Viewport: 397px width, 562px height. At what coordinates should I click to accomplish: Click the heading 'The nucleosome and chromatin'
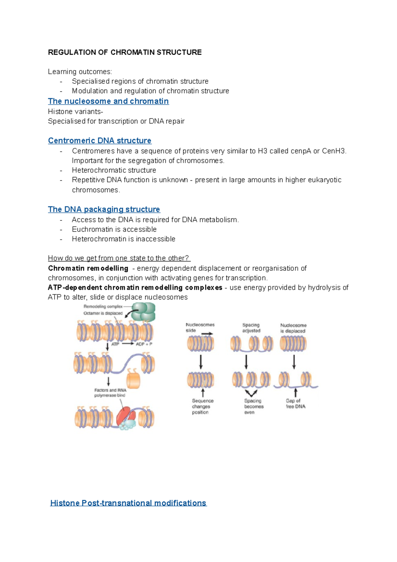pos(108,101)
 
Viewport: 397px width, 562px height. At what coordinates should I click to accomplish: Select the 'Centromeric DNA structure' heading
pos(100,141)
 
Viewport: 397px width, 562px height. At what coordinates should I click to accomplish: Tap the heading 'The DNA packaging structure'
pos(104,210)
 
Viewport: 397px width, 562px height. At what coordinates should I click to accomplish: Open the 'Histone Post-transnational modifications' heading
pos(128,503)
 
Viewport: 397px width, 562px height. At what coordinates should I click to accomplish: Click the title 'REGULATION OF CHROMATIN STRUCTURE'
pos(125,52)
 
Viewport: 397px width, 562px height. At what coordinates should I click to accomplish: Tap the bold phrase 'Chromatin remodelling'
pos(88,268)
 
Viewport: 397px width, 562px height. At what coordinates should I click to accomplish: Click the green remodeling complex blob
pos(143,312)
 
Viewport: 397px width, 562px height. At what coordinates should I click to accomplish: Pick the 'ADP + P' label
pos(144,344)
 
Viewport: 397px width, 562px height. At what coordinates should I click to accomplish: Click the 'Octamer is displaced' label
pos(103,313)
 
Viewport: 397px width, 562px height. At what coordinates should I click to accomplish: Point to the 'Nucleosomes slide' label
pos(200,328)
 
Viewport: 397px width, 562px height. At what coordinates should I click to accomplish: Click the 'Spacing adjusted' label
pos(251,328)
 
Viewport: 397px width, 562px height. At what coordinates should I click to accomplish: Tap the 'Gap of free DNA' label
pos(295,403)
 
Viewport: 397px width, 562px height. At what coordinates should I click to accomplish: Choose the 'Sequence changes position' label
pos(202,406)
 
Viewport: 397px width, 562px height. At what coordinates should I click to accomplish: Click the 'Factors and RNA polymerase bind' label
pos(110,393)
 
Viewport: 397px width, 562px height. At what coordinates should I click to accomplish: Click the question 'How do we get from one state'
pos(119,258)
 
